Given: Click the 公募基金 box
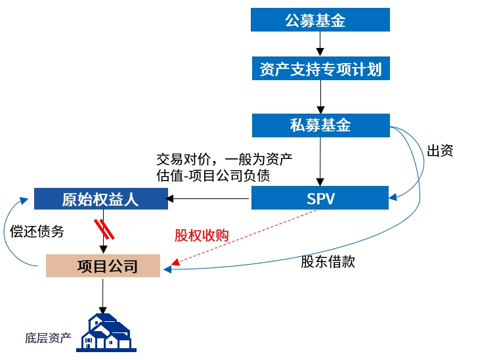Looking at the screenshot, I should pos(320,20).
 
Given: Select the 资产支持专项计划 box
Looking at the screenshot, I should pos(320,69).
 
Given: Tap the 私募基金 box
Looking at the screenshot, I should pos(320,125).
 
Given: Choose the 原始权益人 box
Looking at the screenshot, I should pos(100,199).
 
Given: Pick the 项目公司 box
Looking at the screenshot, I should pos(103,265).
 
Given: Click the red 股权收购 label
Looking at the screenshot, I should pos(202,235).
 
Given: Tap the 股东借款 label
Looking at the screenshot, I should pos(328,261).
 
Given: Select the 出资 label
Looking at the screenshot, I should pos(440,150).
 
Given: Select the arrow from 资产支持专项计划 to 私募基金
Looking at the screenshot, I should pos(320,97).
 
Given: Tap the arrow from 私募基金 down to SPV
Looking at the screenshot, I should pos(320,162).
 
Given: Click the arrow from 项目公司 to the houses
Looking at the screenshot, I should pos(102,295).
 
